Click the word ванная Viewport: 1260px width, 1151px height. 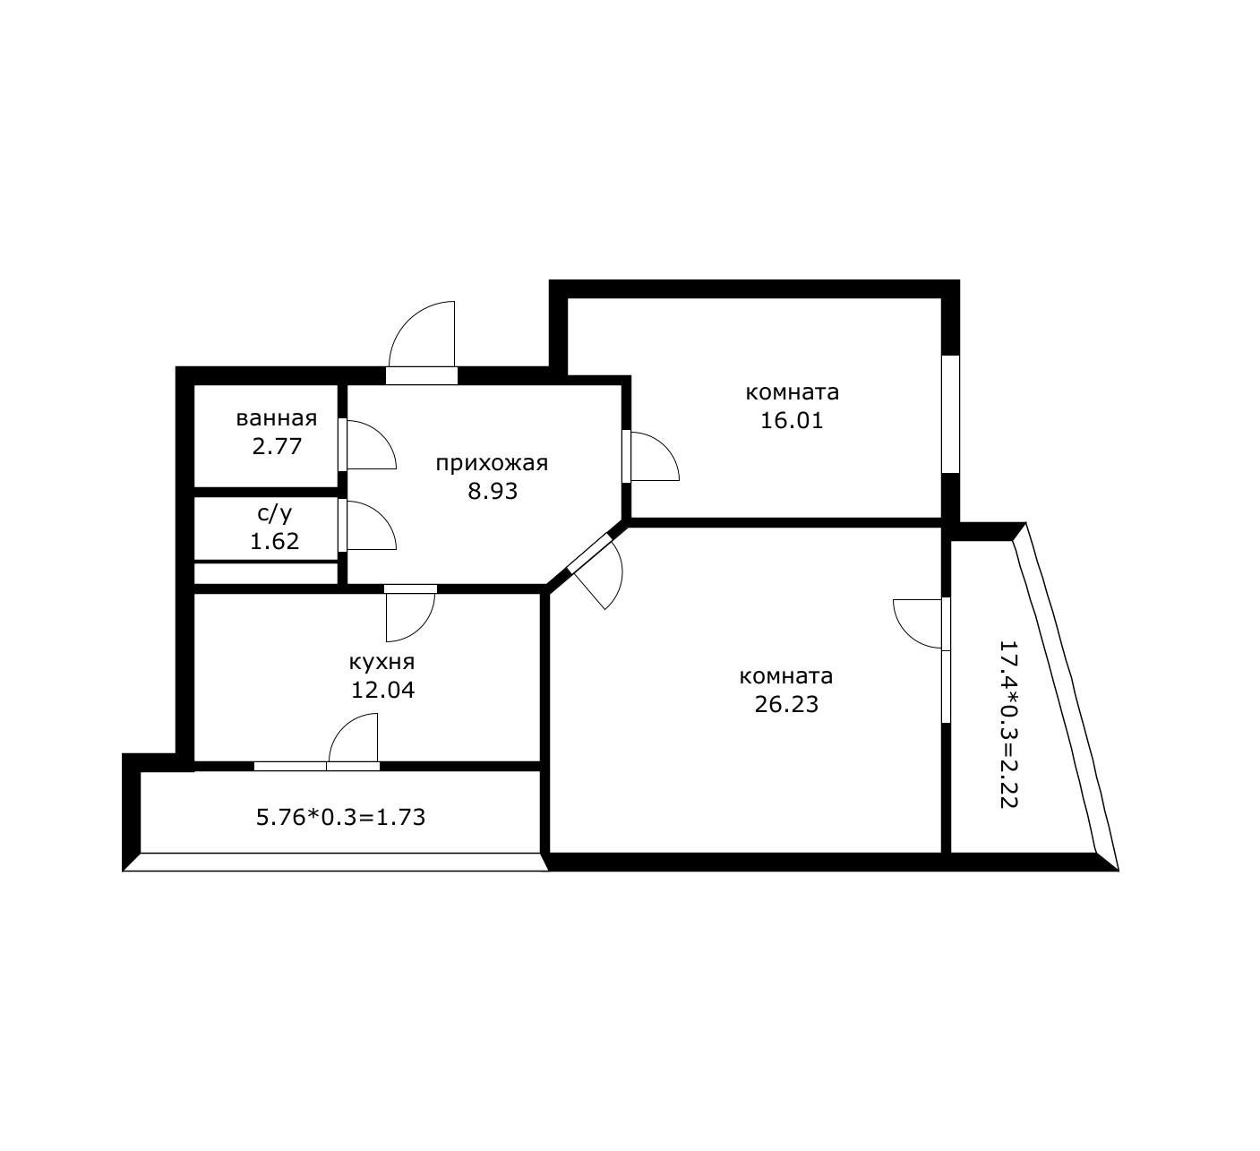click(x=276, y=418)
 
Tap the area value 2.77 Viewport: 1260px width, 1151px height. click(x=276, y=446)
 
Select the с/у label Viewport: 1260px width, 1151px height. click(x=274, y=513)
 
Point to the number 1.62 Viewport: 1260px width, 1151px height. click(x=274, y=541)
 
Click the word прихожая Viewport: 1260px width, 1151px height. click(x=492, y=463)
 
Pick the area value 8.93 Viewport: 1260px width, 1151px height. click(x=493, y=491)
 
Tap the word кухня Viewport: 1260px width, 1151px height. click(x=381, y=662)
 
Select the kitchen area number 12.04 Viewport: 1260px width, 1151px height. click(x=382, y=690)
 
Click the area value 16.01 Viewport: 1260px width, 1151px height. click(x=792, y=420)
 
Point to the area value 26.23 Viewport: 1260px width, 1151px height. click(x=786, y=704)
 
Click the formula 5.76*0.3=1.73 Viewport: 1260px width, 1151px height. click(x=340, y=817)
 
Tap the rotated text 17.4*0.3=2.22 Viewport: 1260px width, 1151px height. click(x=1008, y=724)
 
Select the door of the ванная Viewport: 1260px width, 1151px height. click(x=368, y=445)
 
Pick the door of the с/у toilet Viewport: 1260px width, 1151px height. click(x=368, y=525)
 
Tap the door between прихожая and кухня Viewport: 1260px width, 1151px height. click(x=411, y=614)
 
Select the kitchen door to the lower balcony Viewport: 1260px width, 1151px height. click(x=355, y=739)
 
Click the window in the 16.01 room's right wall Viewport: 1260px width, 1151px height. click(x=950, y=413)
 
